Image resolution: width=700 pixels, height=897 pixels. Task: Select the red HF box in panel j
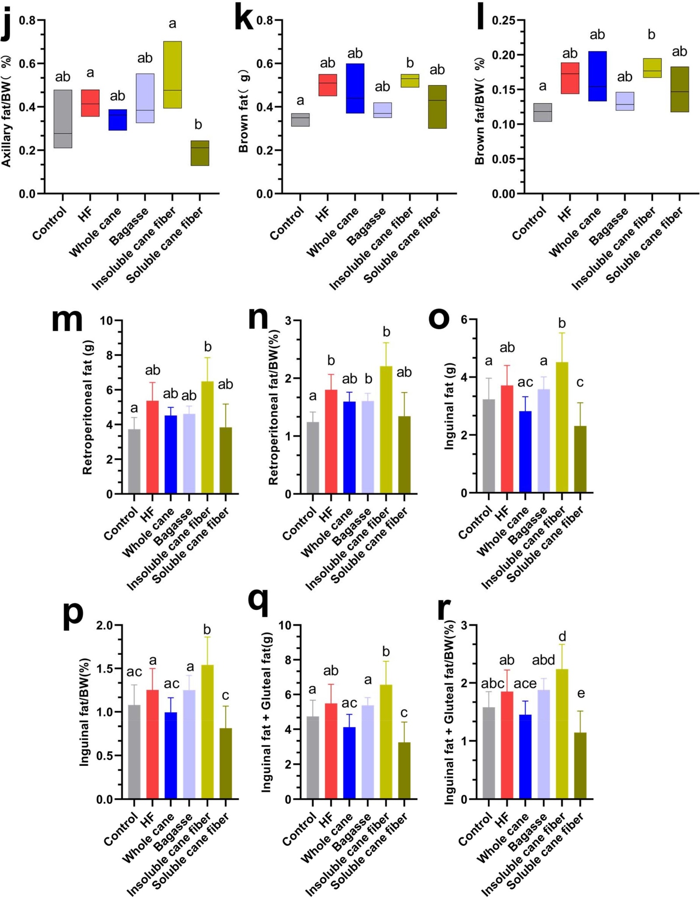(x=90, y=103)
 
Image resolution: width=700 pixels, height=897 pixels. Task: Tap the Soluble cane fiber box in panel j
(x=200, y=153)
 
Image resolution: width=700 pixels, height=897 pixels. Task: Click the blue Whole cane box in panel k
(x=355, y=88)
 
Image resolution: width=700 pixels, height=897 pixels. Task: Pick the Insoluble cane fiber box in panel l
(x=652, y=68)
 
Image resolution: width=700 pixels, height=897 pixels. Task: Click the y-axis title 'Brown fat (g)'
(x=244, y=111)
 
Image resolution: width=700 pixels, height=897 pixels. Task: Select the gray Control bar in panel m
(x=134, y=462)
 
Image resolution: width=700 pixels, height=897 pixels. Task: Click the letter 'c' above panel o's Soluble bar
(x=580, y=382)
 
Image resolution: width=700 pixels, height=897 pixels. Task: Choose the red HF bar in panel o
(x=507, y=439)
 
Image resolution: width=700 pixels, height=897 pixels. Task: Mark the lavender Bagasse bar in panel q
(x=368, y=752)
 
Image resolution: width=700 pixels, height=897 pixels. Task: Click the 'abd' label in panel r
(x=543, y=660)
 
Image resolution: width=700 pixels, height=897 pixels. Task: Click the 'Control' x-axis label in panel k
(x=287, y=223)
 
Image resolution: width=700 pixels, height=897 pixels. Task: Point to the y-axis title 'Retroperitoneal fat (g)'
(x=87, y=407)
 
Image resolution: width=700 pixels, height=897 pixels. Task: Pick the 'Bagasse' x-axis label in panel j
(x=129, y=227)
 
